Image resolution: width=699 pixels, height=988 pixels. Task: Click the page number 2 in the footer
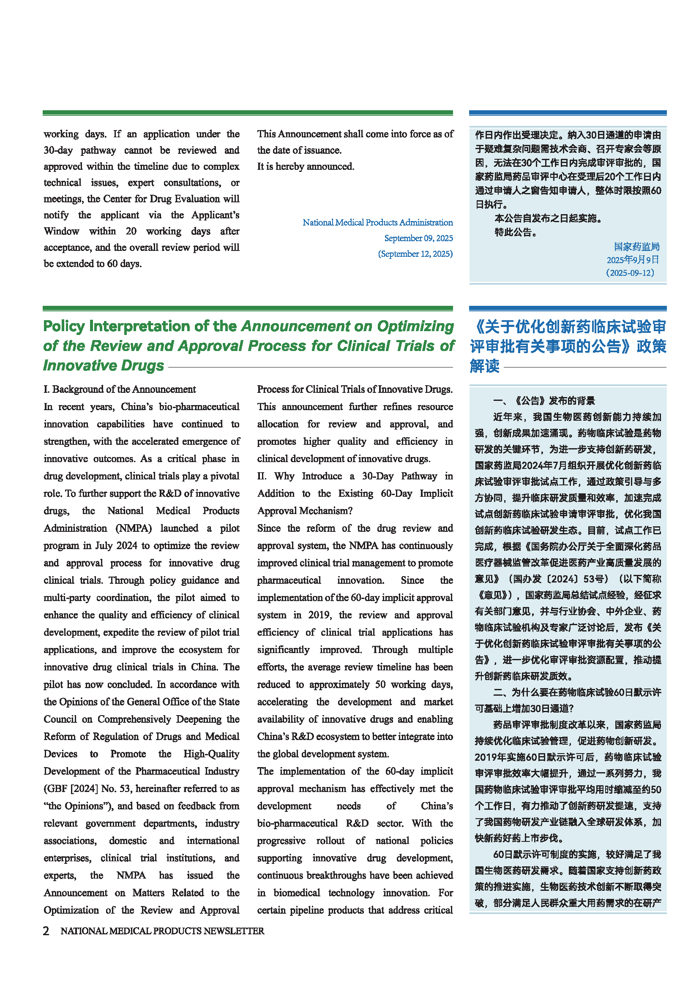coord(46,931)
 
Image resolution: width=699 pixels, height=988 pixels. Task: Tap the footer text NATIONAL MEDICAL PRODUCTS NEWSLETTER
coord(162,931)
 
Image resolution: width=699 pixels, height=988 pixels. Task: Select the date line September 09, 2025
coord(418,238)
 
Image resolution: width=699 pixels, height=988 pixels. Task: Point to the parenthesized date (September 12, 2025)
coord(415,254)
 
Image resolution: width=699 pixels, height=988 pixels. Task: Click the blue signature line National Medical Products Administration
coord(377,223)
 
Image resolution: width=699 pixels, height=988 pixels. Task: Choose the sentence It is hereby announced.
coord(306,166)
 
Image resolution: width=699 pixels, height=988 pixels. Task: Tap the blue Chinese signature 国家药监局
coord(636,247)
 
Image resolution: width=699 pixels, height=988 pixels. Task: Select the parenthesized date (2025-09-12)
coord(631,273)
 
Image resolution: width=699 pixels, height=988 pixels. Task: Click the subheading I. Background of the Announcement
coord(120,389)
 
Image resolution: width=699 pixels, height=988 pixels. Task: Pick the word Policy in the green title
coord(64,326)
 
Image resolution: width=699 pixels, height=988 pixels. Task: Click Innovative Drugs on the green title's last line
coord(104,365)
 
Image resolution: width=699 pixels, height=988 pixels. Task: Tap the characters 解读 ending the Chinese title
coord(485,366)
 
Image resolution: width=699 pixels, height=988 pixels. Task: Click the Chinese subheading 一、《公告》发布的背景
coord(543,401)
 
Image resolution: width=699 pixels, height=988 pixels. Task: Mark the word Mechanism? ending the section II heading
coord(326,511)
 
